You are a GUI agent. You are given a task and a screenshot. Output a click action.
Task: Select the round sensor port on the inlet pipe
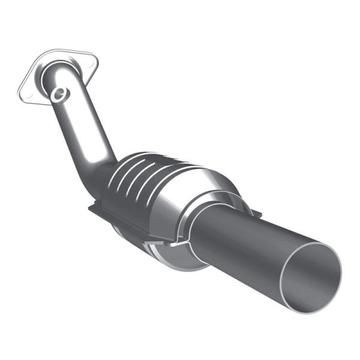tap(59, 94)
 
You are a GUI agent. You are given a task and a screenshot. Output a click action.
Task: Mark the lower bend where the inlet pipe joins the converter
tap(102, 174)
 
